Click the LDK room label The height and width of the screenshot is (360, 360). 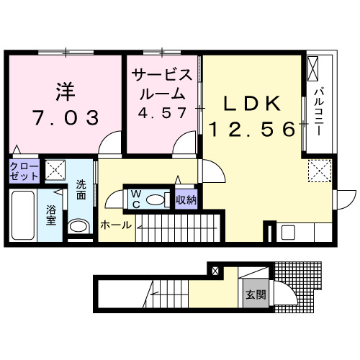point(251,104)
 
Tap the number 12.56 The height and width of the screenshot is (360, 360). point(252,130)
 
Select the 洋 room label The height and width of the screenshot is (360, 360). point(65,91)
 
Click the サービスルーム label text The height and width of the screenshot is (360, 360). point(162,84)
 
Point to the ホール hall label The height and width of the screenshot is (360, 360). point(115,225)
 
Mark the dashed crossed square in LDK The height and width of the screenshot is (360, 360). point(317,171)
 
